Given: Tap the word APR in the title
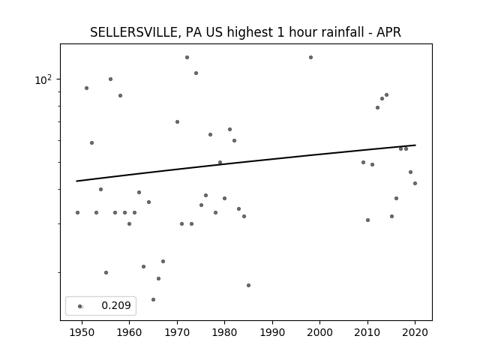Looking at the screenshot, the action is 388,32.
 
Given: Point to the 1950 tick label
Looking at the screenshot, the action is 82,332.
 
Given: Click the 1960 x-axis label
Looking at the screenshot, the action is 129,332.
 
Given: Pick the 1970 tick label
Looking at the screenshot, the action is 177,332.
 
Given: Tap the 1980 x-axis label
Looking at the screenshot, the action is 224,332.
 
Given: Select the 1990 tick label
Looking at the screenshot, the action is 272,332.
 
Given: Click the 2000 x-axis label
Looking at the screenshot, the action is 320,332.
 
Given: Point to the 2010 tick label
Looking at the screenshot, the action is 367,332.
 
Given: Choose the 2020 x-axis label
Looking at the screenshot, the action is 415,332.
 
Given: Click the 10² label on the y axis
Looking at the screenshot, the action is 43,80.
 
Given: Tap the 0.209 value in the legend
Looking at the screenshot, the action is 116,305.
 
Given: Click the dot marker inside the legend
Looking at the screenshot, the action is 80,307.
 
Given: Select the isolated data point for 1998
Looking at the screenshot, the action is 310,58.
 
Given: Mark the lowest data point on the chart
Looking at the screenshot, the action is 153,300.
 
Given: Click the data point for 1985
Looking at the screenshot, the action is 248,286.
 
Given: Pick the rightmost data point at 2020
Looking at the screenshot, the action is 415,183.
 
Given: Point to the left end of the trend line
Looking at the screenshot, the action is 76,181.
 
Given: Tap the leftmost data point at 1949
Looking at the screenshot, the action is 77,213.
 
